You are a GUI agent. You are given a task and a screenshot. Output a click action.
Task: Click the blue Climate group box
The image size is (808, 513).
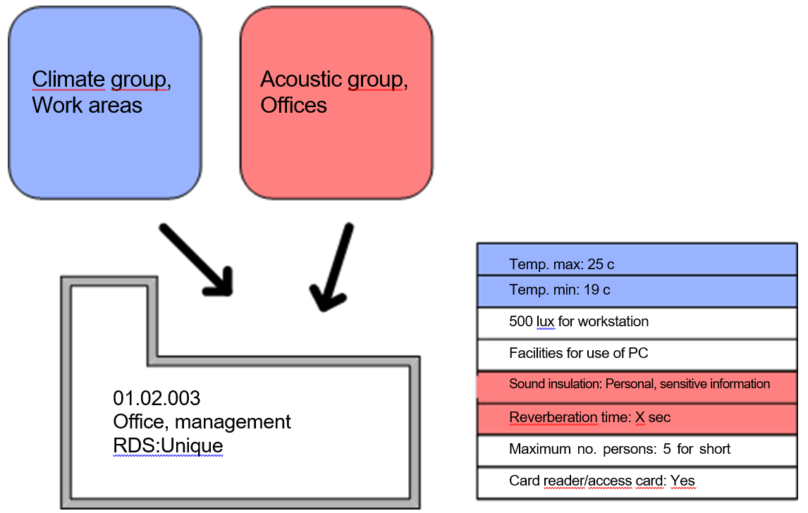tap(104, 103)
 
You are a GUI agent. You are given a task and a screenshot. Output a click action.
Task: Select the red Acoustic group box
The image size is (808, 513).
tap(336, 103)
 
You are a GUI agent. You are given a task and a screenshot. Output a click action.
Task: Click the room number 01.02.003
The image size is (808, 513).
tap(157, 399)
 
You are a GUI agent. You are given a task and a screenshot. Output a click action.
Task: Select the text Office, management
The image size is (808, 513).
tap(202, 422)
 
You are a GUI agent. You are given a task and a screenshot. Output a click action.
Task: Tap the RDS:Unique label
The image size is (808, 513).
tap(168, 445)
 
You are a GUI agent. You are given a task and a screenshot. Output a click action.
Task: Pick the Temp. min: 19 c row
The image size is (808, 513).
tap(636, 290)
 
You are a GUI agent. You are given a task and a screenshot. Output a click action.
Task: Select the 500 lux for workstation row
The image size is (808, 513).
tap(636, 323)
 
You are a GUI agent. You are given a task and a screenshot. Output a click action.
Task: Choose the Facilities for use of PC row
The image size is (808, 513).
tap(636, 354)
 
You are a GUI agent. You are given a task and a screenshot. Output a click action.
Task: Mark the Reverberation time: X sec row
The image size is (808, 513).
tap(636, 418)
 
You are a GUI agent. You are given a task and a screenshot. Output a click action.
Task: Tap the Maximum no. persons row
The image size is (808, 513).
tap(636, 450)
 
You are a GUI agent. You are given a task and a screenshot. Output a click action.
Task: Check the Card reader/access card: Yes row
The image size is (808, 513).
tap(636, 482)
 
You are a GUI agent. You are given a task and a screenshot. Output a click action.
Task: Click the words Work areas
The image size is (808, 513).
tap(87, 106)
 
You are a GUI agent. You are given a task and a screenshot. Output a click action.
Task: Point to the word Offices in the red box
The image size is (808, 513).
tap(293, 106)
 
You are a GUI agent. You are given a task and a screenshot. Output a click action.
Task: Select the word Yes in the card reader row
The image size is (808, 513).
tap(682, 482)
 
